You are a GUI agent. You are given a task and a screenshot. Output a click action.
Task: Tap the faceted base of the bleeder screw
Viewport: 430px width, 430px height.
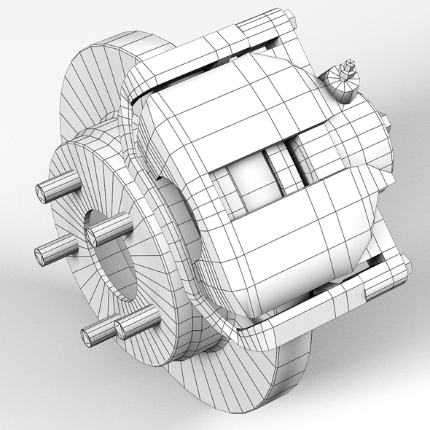coord(341,86)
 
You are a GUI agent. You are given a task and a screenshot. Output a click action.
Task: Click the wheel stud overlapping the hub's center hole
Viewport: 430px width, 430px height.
coord(109,230)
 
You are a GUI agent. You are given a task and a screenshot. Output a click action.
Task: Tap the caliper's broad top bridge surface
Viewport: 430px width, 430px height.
coord(219,102)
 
